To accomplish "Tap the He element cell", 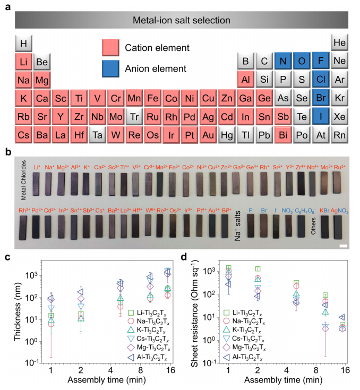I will coord(339,42).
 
